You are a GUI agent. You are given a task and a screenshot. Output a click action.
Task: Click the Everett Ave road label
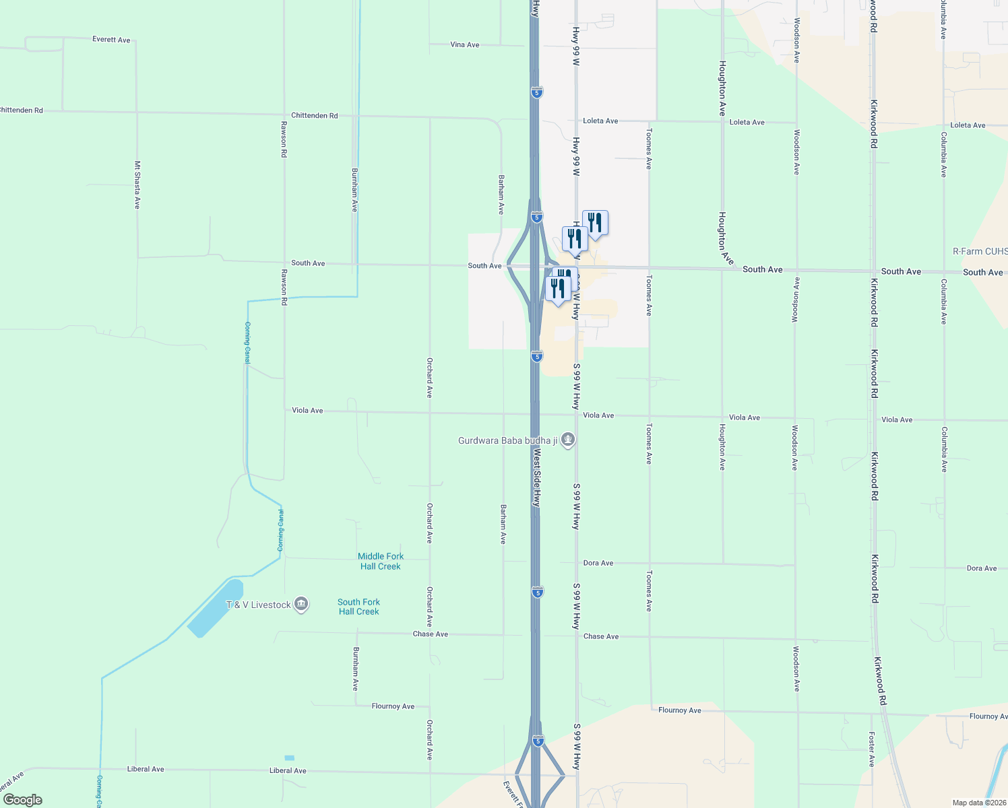click(x=111, y=40)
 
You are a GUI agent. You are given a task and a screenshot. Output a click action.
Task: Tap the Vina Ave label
click(x=464, y=44)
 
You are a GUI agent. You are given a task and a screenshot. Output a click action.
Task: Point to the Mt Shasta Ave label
click(x=137, y=184)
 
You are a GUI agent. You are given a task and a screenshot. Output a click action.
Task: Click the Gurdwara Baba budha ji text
click(x=508, y=440)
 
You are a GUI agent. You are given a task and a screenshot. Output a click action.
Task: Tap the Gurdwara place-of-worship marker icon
click(x=568, y=440)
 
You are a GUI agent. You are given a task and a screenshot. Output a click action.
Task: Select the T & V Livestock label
click(x=259, y=605)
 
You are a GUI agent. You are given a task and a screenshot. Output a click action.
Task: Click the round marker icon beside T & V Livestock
click(x=301, y=605)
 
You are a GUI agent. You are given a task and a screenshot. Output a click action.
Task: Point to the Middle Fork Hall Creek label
click(x=381, y=561)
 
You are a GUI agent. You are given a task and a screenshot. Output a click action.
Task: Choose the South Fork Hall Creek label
click(x=358, y=607)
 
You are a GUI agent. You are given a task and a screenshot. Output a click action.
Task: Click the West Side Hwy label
click(x=536, y=477)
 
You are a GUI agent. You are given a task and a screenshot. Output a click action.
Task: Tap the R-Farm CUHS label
click(x=980, y=251)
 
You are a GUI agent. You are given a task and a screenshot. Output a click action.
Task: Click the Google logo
click(x=23, y=800)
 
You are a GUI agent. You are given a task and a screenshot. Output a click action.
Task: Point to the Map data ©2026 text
click(x=978, y=803)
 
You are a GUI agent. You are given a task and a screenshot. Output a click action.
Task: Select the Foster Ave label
click(x=871, y=749)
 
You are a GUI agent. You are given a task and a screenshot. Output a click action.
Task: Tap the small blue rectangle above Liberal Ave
click(x=290, y=758)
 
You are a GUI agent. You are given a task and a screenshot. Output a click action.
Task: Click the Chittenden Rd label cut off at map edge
click(x=22, y=110)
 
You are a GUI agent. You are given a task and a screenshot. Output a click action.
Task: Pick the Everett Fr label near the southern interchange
click(x=512, y=793)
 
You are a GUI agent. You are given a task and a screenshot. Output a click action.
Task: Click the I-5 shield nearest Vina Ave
click(x=536, y=92)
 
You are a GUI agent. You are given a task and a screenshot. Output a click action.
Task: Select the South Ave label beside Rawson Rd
click(x=308, y=263)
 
